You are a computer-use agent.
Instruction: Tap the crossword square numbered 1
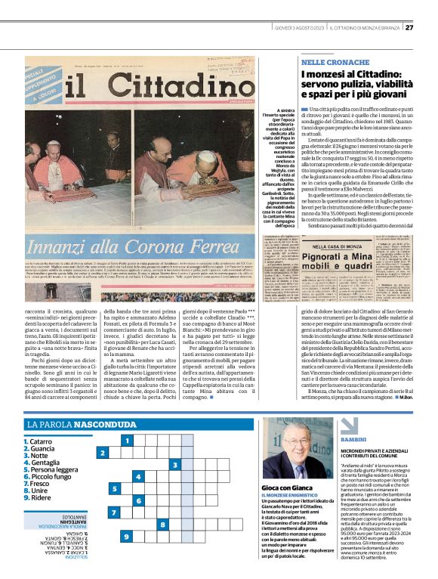point(129,440)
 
